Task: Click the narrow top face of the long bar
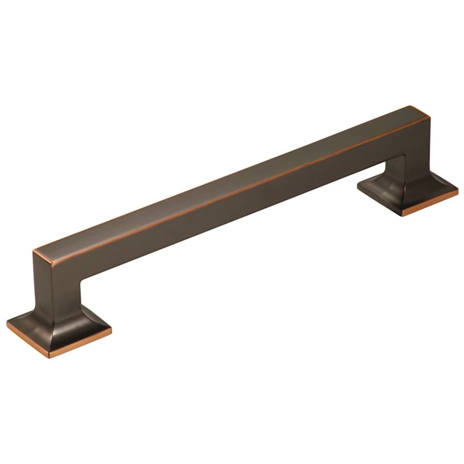pos(232,175)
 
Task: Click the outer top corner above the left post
pos(35,252)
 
